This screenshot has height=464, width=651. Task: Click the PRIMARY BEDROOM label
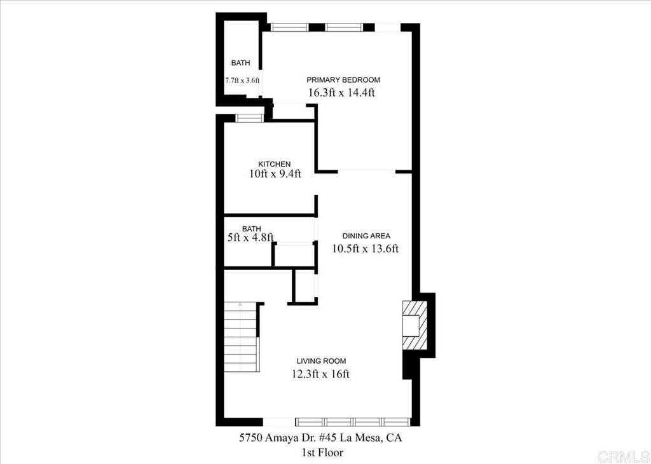click(343, 79)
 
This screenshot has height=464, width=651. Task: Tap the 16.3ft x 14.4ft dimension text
click(341, 92)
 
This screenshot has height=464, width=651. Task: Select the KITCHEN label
click(275, 164)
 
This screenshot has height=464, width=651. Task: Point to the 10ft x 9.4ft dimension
click(275, 174)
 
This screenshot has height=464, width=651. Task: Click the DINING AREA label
click(366, 236)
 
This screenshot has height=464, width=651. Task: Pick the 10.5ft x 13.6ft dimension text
click(366, 249)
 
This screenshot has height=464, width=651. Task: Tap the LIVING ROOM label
click(321, 361)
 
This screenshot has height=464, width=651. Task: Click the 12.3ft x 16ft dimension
click(320, 374)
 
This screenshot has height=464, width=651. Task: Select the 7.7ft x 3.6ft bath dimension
click(242, 81)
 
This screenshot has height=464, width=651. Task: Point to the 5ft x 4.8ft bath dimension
click(250, 237)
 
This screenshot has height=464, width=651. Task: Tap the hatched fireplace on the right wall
click(415, 325)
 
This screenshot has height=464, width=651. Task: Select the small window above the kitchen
click(249, 118)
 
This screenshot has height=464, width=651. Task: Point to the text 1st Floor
click(322, 452)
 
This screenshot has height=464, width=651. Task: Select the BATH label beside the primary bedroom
click(241, 63)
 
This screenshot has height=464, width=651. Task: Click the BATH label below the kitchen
click(252, 229)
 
